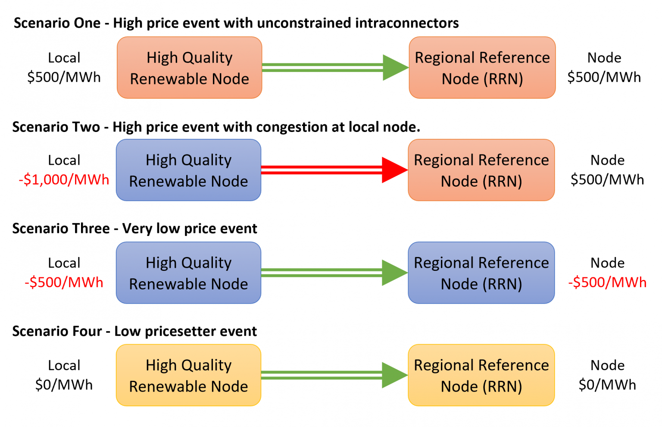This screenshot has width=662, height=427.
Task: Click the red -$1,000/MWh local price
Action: (x=64, y=179)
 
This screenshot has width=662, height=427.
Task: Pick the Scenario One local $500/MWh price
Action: (x=64, y=77)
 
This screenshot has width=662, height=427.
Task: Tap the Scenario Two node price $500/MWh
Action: (x=607, y=179)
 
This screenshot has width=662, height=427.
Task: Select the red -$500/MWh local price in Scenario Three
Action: (x=64, y=282)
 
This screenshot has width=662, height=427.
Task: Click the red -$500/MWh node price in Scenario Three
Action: (x=607, y=282)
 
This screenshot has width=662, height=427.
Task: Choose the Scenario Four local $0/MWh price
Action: (x=64, y=384)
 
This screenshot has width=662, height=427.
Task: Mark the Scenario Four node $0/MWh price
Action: (x=607, y=384)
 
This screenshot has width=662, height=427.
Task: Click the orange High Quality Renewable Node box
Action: (x=189, y=68)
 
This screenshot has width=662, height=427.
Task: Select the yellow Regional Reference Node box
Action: (x=481, y=375)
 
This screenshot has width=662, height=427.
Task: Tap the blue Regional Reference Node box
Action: (x=481, y=273)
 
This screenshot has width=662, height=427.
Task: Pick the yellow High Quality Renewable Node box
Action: (x=188, y=375)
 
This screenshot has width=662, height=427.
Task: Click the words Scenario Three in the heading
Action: (x=61, y=229)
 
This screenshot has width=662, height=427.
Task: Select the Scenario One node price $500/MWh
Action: (x=604, y=77)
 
